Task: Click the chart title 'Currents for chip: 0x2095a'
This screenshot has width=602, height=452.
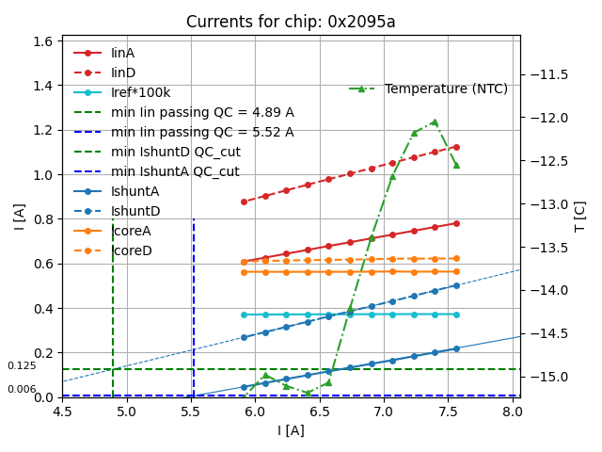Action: pos(291,22)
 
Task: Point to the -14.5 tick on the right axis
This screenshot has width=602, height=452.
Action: pos(549,333)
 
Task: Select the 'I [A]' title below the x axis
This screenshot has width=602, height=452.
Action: pos(291,430)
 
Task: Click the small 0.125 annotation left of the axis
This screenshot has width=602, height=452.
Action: pos(22,365)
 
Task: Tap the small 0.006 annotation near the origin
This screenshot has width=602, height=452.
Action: pos(22,389)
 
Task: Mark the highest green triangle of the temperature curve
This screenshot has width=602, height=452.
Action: pos(435,121)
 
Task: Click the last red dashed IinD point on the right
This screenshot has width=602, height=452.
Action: pos(456,147)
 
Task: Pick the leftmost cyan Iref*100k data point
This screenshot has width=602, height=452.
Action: pos(244,315)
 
